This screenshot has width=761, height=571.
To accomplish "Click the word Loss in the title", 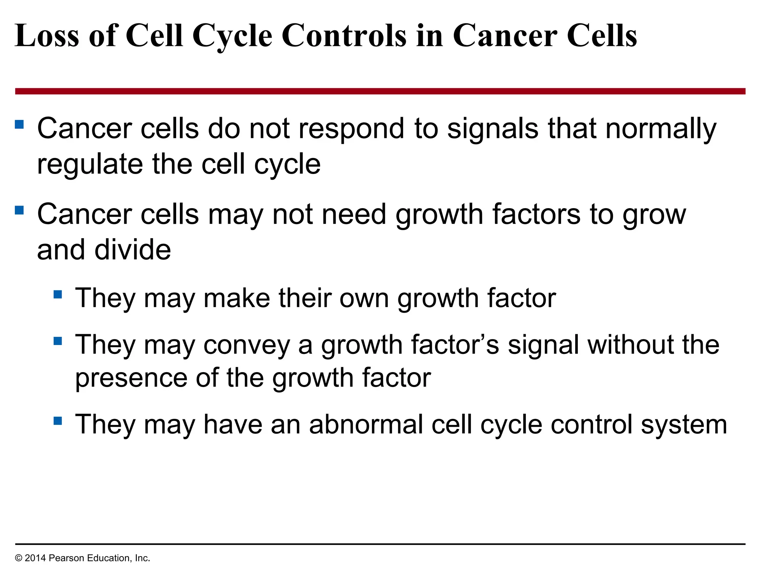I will click(x=47, y=36).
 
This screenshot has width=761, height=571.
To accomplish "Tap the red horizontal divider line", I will click(x=380, y=91).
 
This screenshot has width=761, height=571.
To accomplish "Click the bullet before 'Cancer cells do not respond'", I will click(x=19, y=124).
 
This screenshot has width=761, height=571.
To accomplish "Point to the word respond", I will click(x=351, y=129).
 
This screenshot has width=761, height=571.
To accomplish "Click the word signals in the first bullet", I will click(x=493, y=129).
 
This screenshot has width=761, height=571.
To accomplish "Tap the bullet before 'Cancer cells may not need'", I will click(x=19, y=210).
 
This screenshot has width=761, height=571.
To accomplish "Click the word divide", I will click(x=133, y=250).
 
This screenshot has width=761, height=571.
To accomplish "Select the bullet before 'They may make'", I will click(x=58, y=294).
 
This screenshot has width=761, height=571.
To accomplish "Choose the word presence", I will click(x=131, y=378).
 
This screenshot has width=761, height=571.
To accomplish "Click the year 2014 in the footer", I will click(x=35, y=558).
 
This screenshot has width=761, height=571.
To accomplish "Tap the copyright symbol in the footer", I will click(x=19, y=558).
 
